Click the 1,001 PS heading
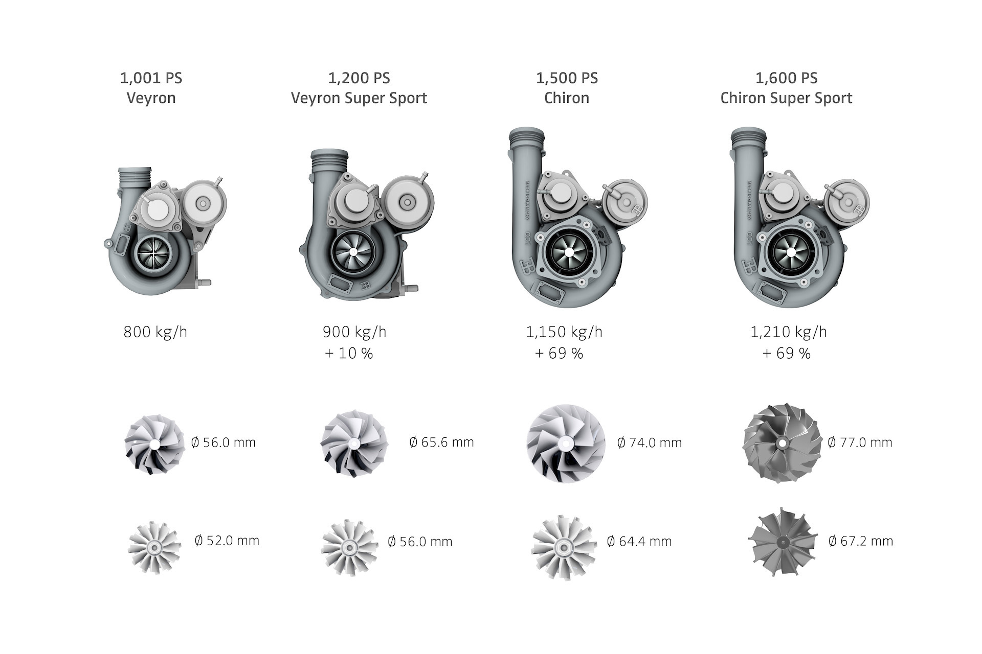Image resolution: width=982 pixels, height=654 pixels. click(x=151, y=78)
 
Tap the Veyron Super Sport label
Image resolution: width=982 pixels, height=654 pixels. click(x=359, y=98)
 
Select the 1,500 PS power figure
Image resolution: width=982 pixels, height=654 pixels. click(x=567, y=78)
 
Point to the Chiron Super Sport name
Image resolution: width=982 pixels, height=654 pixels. click(x=786, y=98)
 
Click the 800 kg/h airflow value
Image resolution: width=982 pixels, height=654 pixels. click(x=155, y=332)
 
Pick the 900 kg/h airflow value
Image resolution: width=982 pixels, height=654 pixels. click(x=354, y=332)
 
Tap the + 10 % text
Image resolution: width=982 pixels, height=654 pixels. click(x=349, y=354)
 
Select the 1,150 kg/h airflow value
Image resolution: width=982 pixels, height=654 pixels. click(x=564, y=332)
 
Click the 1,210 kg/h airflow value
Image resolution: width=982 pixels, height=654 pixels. click(x=788, y=332)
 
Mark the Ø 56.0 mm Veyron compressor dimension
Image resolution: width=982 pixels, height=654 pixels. click(x=223, y=442)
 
